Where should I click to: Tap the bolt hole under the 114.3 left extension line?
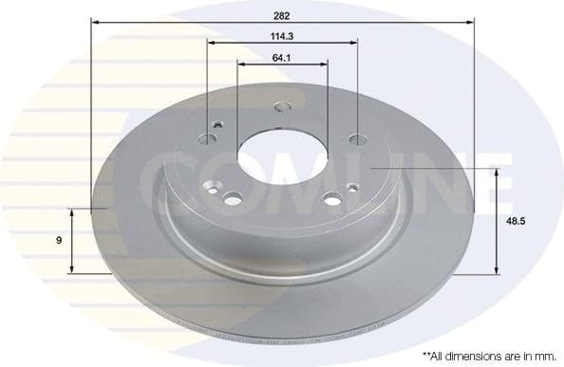pos(207,138)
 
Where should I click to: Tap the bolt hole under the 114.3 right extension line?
pos(357,139)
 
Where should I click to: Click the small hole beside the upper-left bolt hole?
pos(219,123)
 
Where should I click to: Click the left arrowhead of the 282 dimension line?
pos(96,20)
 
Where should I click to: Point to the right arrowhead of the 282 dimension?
pos(468,20)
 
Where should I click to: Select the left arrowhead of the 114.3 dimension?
pos(211,44)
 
